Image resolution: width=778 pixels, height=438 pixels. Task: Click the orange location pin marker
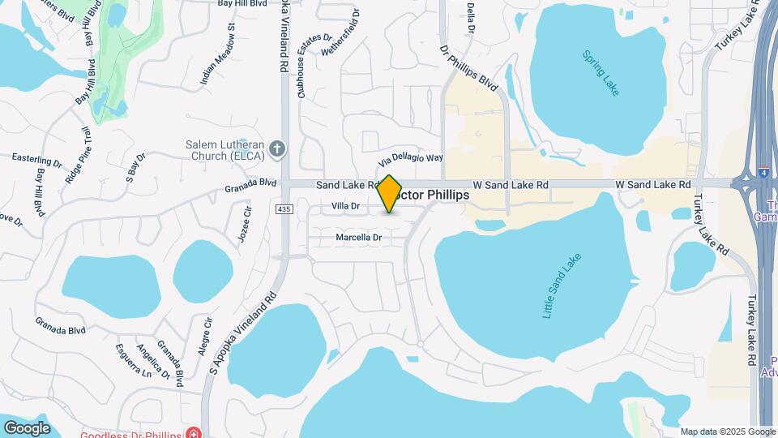click(x=390, y=194)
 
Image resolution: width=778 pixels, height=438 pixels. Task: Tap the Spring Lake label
click(x=601, y=74)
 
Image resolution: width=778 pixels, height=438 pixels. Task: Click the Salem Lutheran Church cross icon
click(x=277, y=148)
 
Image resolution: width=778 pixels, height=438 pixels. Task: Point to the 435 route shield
click(x=284, y=209)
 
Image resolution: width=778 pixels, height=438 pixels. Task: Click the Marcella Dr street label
click(x=358, y=238)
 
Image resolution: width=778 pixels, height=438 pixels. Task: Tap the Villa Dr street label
click(x=346, y=207)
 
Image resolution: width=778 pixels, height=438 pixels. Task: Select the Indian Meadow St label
click(x=218, y=55)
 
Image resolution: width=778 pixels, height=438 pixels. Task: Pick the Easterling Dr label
click(x=37, y=159)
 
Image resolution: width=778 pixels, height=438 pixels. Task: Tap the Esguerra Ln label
click(x=135, y=363)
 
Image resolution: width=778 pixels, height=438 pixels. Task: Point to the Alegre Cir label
click(x=206, y=335)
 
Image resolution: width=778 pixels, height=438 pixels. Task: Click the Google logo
click(x=27, y=427)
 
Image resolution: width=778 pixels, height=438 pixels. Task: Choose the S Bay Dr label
click(x=135, y=166)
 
